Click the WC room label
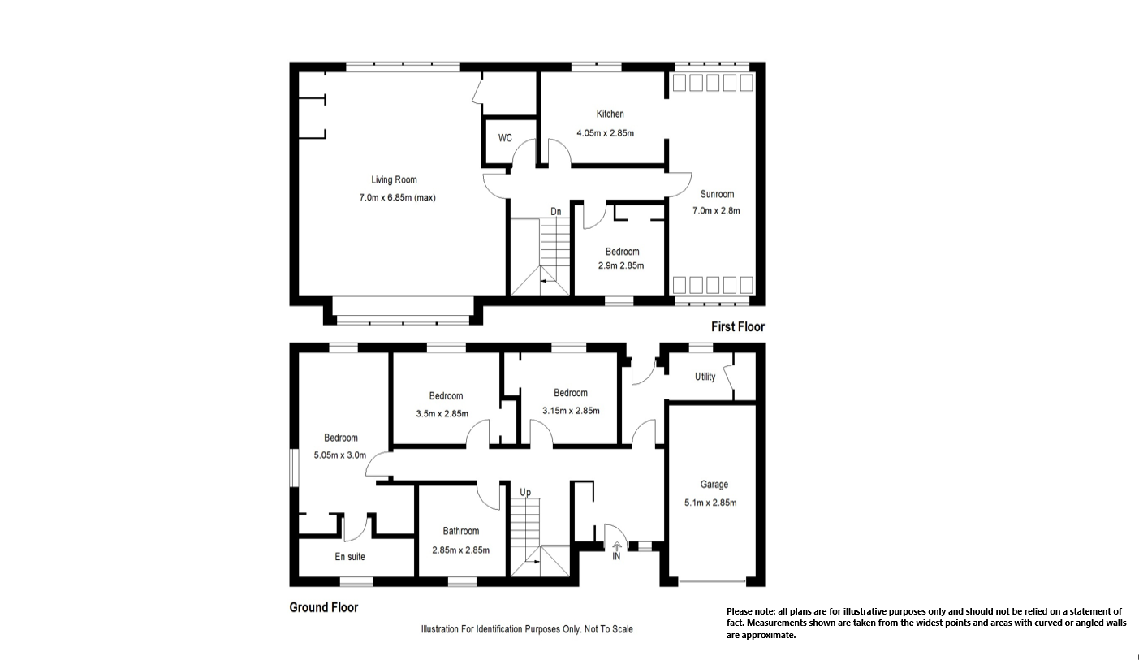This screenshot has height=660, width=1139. [505, 138]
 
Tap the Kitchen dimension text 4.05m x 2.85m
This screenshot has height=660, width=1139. [605, 133]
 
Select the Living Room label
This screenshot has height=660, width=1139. [394, 180]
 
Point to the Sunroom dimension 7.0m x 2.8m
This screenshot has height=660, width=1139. [716, 210]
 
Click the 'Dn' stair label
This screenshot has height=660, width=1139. [555, 212]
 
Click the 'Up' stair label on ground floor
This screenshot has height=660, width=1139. [525, 492]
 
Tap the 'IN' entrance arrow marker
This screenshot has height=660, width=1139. [616, 551]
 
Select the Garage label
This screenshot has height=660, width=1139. [714, 485]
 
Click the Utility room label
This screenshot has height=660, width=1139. [705, 377]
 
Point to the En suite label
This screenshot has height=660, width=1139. [350, 557]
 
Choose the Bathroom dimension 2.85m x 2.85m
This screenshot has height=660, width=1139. [460, 550]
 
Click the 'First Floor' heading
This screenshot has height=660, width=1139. [737, 327]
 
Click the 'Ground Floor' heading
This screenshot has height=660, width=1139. [323, 607]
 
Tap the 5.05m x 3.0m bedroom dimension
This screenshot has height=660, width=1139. [340, 455]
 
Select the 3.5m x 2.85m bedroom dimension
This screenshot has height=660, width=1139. [442, 413]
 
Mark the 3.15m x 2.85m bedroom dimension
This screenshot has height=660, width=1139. [571, 411]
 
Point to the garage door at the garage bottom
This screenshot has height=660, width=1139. [712, 580]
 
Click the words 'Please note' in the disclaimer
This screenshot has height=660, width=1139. [750, 611]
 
